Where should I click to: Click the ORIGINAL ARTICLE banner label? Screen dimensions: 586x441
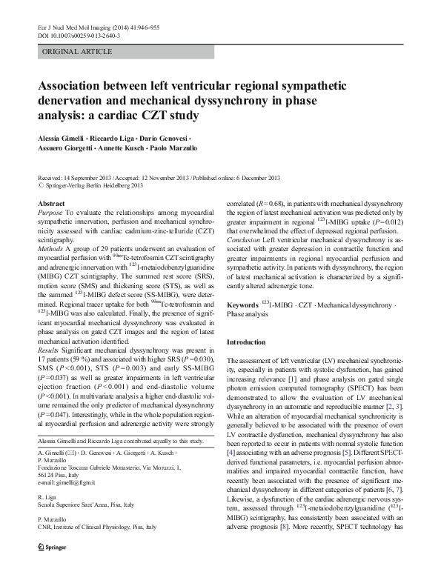77,52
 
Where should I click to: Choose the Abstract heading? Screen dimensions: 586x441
51,203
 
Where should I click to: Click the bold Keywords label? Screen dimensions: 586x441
242,304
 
